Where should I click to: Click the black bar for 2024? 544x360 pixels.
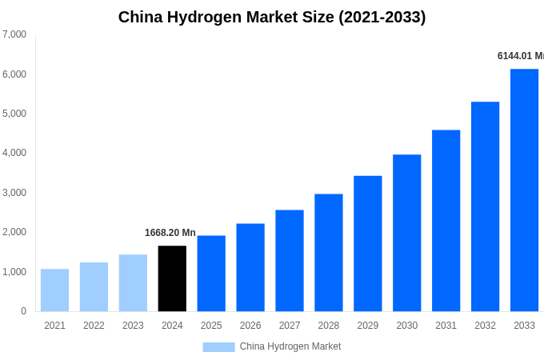(172, 278)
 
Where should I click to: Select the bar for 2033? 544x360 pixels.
(524, 190)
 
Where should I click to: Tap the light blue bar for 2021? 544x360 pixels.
(54, 290)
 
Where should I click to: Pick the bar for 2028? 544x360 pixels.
(328, 253)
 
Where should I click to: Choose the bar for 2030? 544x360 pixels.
(406, 233)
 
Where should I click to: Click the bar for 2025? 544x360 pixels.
(211, 274)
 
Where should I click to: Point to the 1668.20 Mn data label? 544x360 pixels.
(170, 233)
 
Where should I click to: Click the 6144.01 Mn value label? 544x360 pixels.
(520, 56)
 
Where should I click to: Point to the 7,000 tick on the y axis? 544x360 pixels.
(14, 34)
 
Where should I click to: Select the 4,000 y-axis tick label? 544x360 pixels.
(14, 153)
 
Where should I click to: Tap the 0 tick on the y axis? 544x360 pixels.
(23, 311)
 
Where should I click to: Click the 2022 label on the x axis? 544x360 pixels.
(94, 326)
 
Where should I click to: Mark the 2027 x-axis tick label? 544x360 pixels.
(290, 326)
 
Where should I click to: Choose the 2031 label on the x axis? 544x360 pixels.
(446, 326)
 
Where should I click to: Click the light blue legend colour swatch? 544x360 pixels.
(218, 347)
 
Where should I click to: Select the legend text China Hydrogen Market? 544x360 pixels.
(290, 346)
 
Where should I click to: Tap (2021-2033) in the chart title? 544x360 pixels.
(382, 17)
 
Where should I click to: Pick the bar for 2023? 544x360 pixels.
(133, 283)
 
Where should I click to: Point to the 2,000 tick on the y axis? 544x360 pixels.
(14, 232)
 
